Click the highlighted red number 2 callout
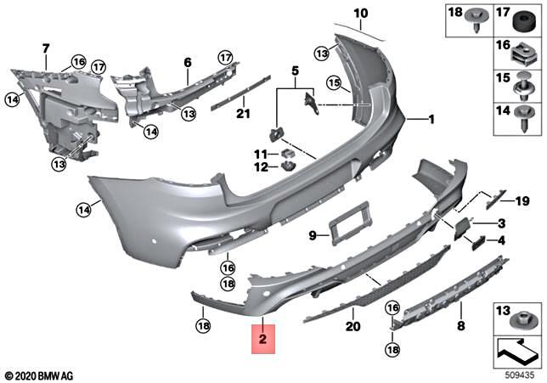coord(263,340)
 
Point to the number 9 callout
coord(312,235)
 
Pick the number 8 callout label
coord(461,324)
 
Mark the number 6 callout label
coord(188,62)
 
